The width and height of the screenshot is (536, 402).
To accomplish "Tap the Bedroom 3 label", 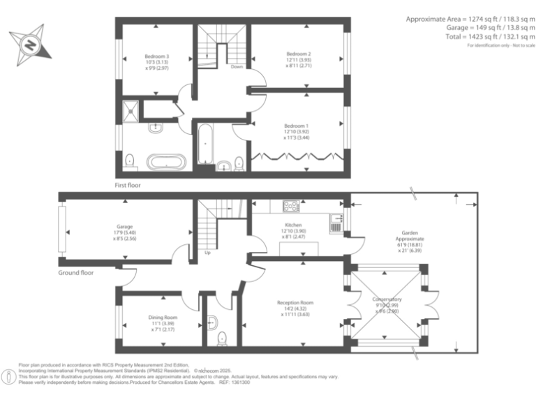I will [157, 56].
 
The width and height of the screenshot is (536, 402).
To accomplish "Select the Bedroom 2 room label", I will [299, 54].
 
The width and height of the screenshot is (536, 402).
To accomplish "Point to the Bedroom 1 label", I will [296, 125].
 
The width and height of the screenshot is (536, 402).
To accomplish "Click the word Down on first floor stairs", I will [237, 67].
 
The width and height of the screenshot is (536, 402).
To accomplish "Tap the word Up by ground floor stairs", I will [207, 253].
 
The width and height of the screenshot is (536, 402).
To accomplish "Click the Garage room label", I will [125, 227].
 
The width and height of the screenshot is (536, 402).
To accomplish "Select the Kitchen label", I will [293, 225].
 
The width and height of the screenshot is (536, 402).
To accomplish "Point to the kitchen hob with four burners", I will [291, 206].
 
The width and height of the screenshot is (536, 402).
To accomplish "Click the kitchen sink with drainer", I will [336, 222].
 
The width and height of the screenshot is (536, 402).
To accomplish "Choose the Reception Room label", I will [295, 303].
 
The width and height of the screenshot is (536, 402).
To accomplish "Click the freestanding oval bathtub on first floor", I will [166, 163].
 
